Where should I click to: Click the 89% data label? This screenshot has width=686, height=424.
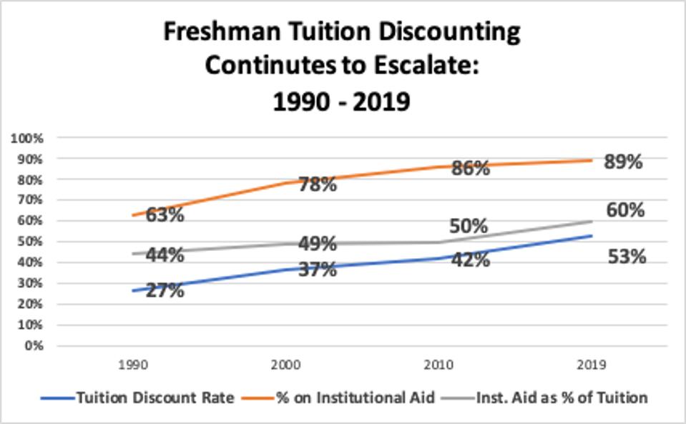(x=622, y=162)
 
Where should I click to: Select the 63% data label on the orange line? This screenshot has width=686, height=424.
(x=165, y=215)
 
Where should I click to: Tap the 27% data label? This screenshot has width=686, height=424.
(x=165, y=290)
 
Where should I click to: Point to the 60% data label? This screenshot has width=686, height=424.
(x=625, y=210)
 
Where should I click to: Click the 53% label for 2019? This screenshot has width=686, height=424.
(x=627, y=256)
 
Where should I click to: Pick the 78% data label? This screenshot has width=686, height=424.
(x=317, y=184)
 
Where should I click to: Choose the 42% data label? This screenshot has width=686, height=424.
(x=470, y=260)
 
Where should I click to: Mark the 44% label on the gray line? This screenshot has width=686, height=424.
(x=165, y=254)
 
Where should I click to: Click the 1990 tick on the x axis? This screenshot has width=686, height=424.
(x=134, y=365)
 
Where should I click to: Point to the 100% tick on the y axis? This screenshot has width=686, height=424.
(x=28, y=137)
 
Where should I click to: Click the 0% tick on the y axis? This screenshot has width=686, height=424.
(x=33, y=345)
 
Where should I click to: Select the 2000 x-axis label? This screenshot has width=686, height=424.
(x=287, y=365)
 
